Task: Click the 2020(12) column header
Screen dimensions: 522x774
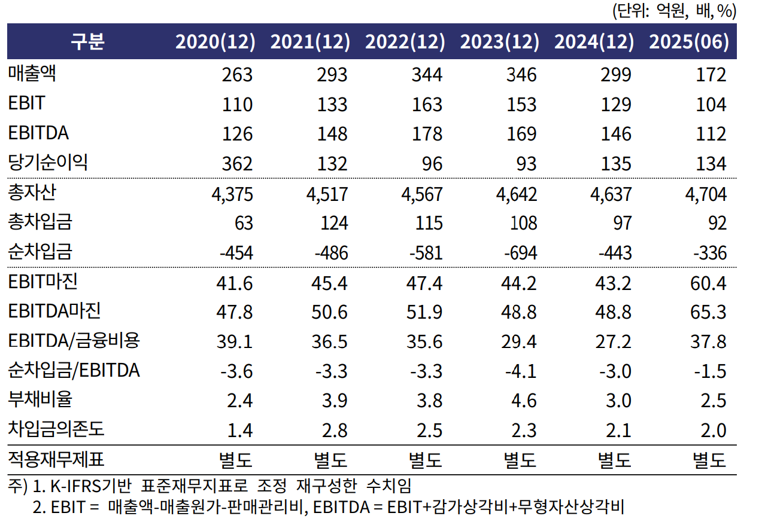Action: click(215, 41)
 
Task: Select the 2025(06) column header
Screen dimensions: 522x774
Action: click(689, 41)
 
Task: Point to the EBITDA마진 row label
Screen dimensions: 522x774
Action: click(54, 311)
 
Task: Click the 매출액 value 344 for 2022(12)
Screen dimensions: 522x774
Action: click(426, 75)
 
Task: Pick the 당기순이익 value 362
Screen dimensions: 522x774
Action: click(236, 164)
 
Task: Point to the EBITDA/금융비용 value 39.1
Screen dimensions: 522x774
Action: click(235, 341)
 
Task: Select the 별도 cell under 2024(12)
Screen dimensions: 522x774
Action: click(615, 460)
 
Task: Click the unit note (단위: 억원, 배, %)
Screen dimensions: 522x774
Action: click(673, 10)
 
